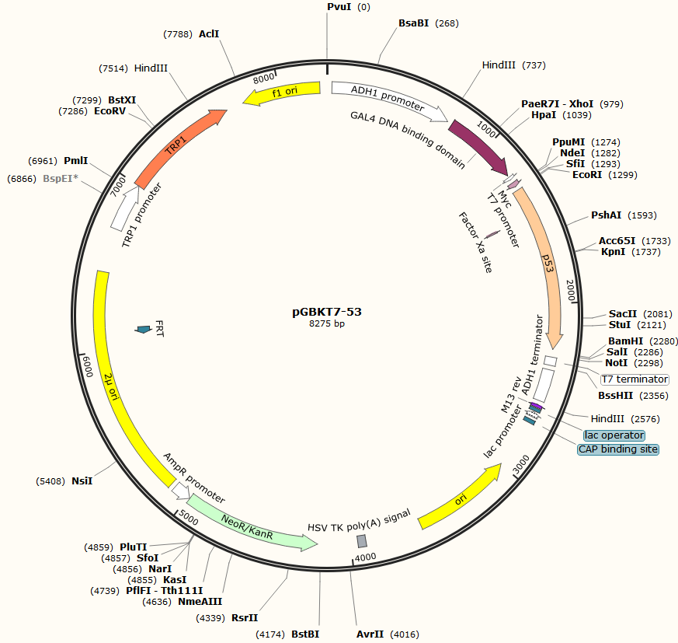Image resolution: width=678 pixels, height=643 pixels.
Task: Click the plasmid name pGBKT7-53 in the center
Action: pyautogui.click(x=327, y=311)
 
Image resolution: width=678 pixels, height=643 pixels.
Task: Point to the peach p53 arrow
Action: pyautogui.click(x=546, y=264)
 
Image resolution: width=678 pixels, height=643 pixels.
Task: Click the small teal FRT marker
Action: pyautogui.click(x=143, y=330)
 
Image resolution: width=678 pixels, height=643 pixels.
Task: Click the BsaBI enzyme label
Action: pyautogui.click(x=414, y=24)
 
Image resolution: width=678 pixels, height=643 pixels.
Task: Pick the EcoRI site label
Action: pyautogui.click(x=588, y=175)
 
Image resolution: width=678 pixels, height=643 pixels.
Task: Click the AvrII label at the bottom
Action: pyautogui.click(x=370, y=634)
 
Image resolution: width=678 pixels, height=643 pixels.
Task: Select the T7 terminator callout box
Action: pyautogui.click(x=635, y=379)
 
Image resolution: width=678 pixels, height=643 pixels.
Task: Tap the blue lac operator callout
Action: pyautogui.click(x=614, y=435)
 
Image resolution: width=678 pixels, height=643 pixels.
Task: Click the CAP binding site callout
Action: pyautogui.click(x=618, y=449)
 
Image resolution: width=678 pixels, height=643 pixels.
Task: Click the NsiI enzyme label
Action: pyautogui.click(x=82, y=481)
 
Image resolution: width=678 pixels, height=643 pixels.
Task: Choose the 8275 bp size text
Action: pyautogui.click(x=327, y=323)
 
